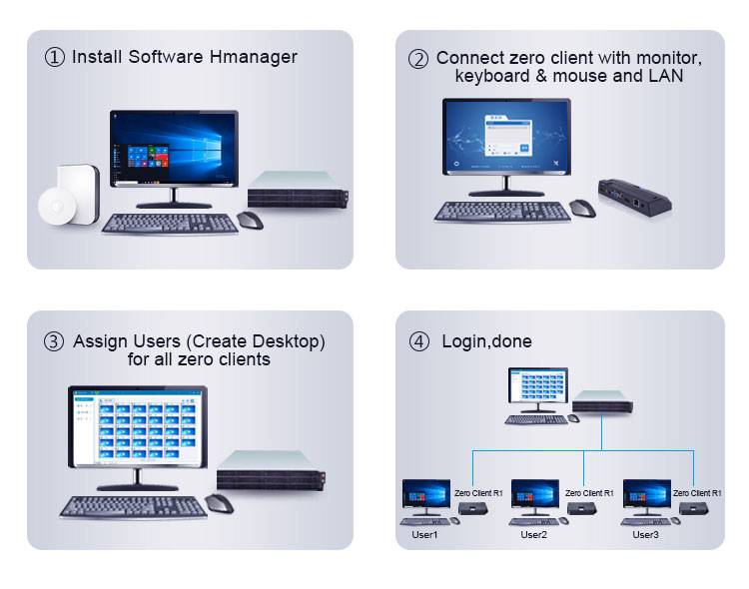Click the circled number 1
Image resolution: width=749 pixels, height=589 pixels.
pyautogui.click(x=55, y=57)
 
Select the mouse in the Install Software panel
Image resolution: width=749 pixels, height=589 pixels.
pyautogui.click(x=250, y=220)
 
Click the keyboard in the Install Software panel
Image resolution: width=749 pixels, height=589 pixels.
pyautogui.click(x=170, y=223)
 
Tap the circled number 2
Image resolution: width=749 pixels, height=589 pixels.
pyautogui.click(x=418, y=59)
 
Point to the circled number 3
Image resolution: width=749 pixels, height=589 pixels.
pyautogui.click(x=54, y=342)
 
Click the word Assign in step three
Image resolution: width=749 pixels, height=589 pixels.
pyautogui.click(x=100, y=341)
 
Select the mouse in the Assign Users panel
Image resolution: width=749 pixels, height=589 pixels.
pyautogui.click(x=219, y=502)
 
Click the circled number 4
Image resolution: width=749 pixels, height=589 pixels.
pyautogui.click(x=419, y=342)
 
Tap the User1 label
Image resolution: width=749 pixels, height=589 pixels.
pyautogui.click(x=425, y=535)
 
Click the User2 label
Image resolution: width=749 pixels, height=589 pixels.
pyautogui.click(x=534, y=535)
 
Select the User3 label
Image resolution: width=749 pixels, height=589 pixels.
pyautogui.click(x=646, y=535)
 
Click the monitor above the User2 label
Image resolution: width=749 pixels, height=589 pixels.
pyautogui.click(x=534, y=496)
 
